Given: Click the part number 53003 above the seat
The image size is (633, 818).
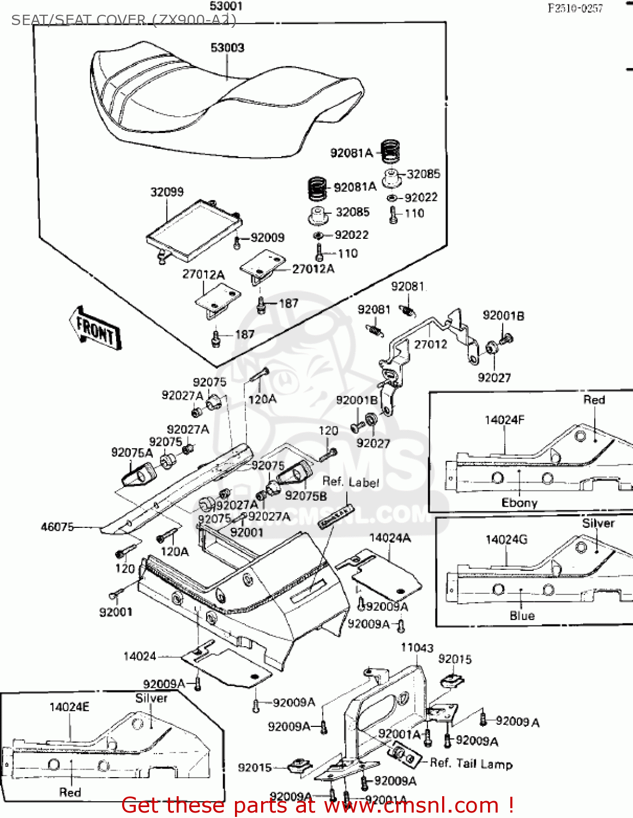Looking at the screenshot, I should tap(227, 48).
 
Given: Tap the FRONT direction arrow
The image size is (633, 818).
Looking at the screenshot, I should tap(95, 328).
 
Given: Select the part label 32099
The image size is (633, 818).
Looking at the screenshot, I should tap(167, 192).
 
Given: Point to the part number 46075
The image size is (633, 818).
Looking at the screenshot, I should tap(57, 527).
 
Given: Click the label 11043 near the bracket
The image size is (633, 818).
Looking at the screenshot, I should tap(417, 648).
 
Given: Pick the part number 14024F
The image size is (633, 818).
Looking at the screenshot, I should tap(504, 420).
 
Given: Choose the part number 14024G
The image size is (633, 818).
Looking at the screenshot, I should tap(507, 540).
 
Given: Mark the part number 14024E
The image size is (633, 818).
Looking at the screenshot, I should tap(69, 707).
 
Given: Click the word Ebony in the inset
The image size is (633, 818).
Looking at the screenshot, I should tap(519, 503).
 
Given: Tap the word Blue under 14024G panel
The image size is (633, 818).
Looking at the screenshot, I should tap(522, 616).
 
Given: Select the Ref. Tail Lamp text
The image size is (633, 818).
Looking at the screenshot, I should tap(471, 763).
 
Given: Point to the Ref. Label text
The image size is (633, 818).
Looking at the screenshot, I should tap(351, 482).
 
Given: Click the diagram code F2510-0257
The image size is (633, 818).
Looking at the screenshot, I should tap(575, 8).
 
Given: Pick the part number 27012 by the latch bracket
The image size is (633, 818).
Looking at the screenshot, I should tap(430, 345).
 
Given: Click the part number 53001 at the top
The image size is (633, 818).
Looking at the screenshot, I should tap(226, 7).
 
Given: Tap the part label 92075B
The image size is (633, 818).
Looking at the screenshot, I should tap(306, 496).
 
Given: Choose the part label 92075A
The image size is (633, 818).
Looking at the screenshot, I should tap(132, 453).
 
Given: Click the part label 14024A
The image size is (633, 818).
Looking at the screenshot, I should tap(390, 538).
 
